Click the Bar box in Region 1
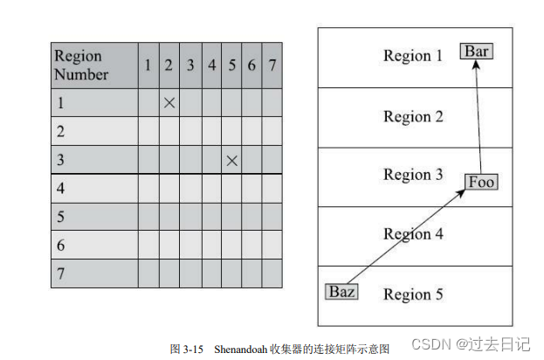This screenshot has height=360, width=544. coord(476,52)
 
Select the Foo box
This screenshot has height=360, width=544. coord(481,182)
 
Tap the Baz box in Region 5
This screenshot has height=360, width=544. coord(341,292)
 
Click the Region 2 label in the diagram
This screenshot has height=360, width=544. coord(413,116)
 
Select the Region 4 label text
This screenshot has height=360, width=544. coord(413,234)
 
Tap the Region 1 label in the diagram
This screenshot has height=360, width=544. coord(413,56)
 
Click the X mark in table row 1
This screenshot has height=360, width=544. coord(169,103)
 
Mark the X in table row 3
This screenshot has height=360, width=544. coord(231,160)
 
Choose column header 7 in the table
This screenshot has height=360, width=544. coord(272,65)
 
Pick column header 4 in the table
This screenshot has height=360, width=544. coord(211,65)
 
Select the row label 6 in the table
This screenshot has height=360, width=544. coord(60,245)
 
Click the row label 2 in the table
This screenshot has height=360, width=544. coord(60,131)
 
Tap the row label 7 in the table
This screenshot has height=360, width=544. coord(60,273)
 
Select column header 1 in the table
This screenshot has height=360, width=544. coord(148,65)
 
